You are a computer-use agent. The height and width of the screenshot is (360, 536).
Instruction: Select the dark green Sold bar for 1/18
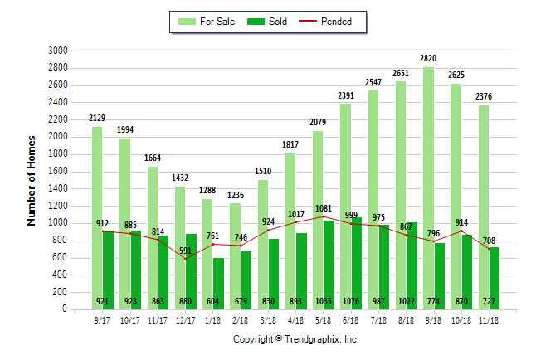(x=218, y=283)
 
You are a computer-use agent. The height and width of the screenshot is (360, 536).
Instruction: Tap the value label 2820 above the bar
(x=428, y=59)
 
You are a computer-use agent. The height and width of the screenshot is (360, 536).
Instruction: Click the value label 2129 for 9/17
(x=97, y=119)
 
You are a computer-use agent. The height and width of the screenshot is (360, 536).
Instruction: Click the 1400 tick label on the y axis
(x=57, y=188)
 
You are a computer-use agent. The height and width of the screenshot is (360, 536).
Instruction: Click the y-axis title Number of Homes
(x=32, y=180)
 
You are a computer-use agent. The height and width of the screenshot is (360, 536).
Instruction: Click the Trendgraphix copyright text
(x=295, y=339)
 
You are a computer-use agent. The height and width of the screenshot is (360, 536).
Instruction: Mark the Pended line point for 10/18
(x=460, y=231)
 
